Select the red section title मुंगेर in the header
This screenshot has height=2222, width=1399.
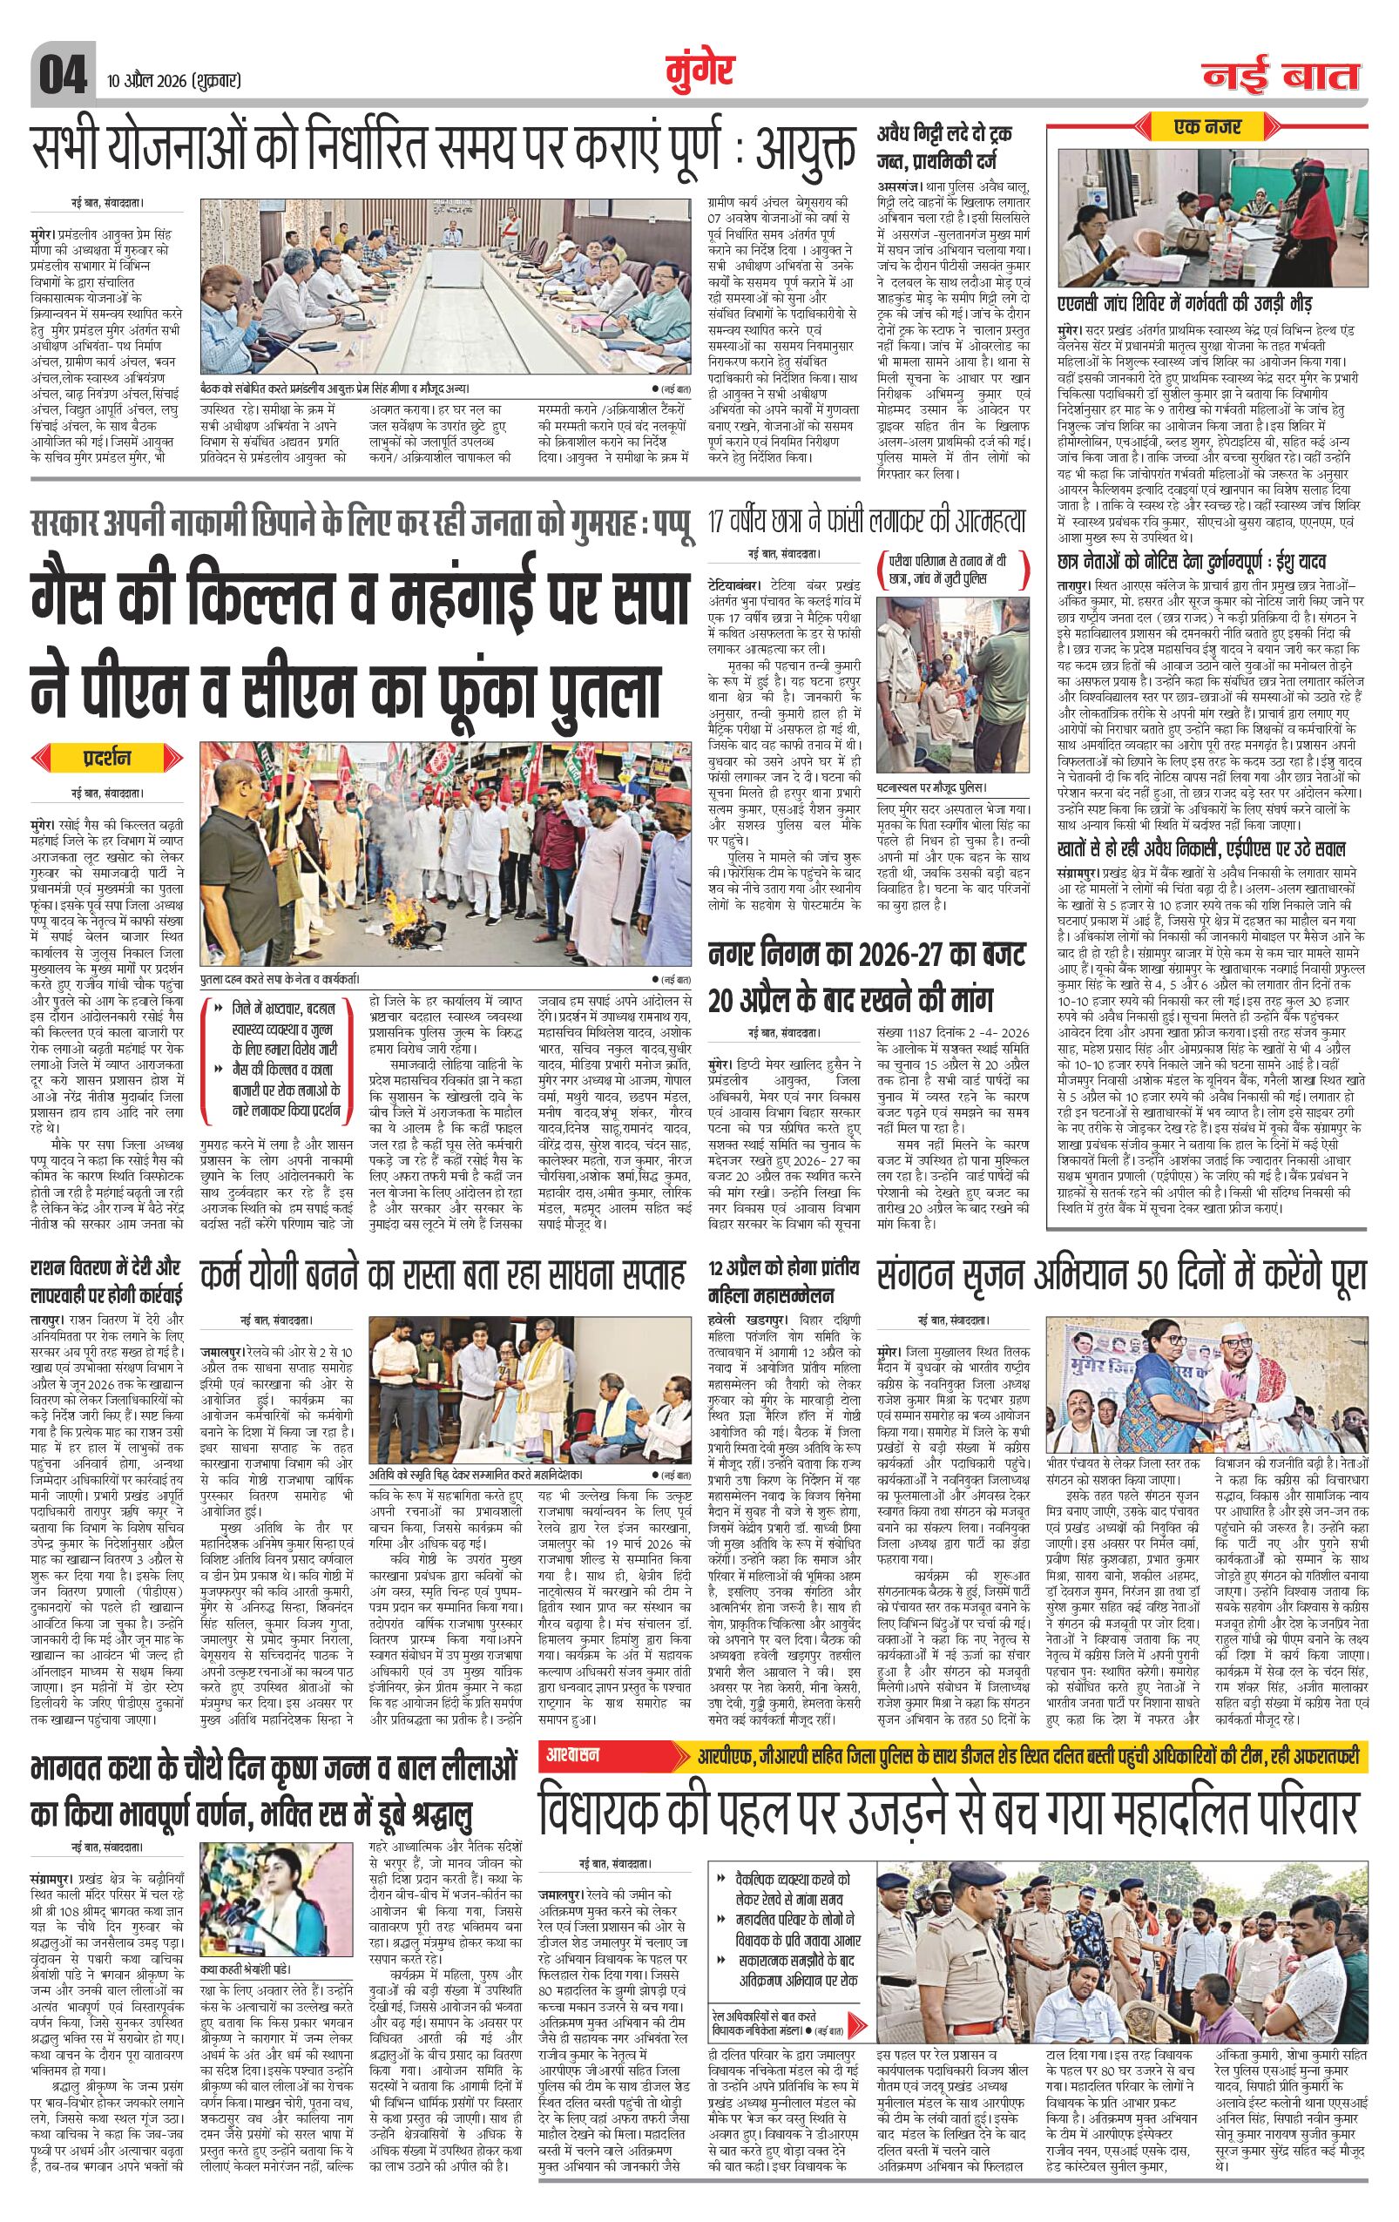coord(699,71)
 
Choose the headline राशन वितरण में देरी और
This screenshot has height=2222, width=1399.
coord(105,1269)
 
